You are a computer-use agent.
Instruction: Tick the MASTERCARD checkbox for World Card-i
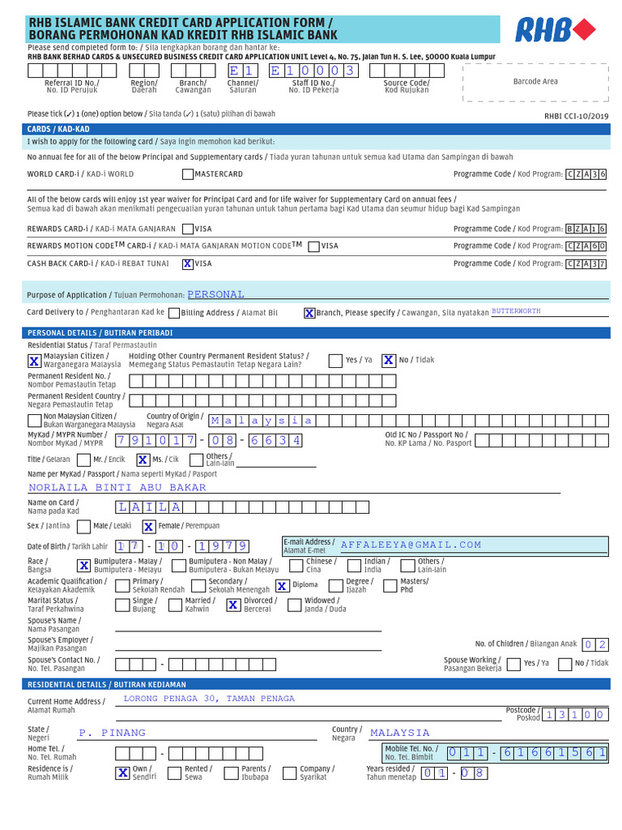click(188, 174)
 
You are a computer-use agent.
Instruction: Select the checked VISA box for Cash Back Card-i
click(188, 263)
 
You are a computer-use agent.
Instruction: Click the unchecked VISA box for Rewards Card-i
click(188, 229)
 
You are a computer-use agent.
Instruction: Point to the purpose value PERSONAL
click(215, 295)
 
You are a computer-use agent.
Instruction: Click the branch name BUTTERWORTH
click(516, 311)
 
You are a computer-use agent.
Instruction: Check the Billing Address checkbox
click(176, 313)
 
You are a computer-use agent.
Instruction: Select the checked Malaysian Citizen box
click(34, 361)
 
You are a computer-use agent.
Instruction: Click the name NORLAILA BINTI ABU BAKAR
click(117, 488)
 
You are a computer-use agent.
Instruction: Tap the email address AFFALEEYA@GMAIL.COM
click(411, 545)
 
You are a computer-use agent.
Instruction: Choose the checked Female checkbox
click(149, 526)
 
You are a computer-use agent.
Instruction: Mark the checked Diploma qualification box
click(282, 585)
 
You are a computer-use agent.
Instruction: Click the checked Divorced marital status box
click(233, 605)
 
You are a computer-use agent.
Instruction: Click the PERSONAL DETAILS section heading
click(100, 333)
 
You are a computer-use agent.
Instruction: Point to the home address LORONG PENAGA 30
click(209, 699)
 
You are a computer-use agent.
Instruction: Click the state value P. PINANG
click(113, 733)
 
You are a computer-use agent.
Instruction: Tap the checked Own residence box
click(122, 772)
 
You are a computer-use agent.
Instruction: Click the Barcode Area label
click(535, 82)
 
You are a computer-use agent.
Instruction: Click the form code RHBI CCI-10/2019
click(576, 116)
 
